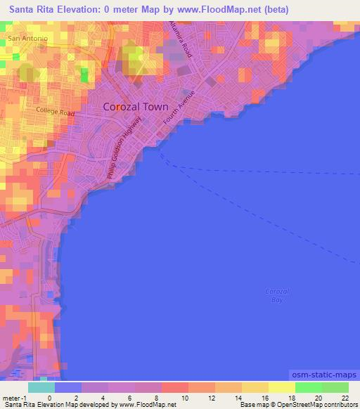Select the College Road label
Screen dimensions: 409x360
(x=56, y=111)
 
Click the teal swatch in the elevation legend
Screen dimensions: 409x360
(x=41, y=387)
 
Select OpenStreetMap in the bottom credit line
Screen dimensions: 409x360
(x=295, y=405)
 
